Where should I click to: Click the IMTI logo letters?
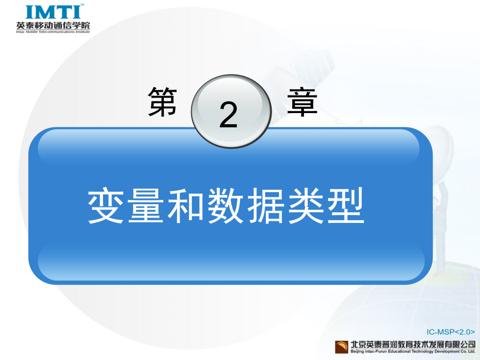pyautogui.click(x=53, y=12)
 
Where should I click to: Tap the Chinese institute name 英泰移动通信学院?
pyautogui.click(x=53, y=25)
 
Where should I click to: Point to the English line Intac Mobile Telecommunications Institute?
pyautogui.click(x=53, y=32)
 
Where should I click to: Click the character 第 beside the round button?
pyautogui.click(x=163, y=102)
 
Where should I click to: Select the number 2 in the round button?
pyautogui.click(x=228, y=115)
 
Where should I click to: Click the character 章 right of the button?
pyautogui.click(x=302, y=102)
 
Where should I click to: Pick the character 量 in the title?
pyautogui.click(x=146, y=205)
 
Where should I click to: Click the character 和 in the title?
pyautogui.click(x=186, y=205)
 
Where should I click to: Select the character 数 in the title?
pyautogui.click(x=226, y=205)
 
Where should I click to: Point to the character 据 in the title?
pyautogui.click(x=266, y=205)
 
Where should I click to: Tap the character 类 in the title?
pyautogui.click(x=306, y=205)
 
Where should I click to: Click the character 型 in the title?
pyautogui.click(x=346, y=205)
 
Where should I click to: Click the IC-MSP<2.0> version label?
pyautogui.click(x=451, y=332)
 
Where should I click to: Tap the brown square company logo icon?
pyautogui.click(x=342, y=347)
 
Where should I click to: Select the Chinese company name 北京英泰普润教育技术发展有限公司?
pyautogui.click(x=413, y=345)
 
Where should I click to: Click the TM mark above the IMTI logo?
pyautogui.click(x=82, y=5)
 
